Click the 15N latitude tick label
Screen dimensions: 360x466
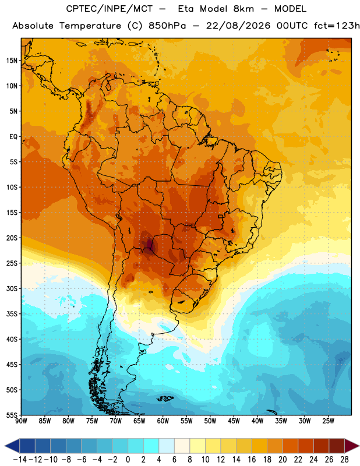click(12, 61)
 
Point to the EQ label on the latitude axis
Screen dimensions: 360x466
click(13, 137)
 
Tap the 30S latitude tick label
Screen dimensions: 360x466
click(12, 288)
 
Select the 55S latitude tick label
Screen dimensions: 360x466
click(12, 415)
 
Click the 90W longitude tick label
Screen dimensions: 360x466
click(21, 421)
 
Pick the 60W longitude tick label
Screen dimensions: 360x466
click(163, 421)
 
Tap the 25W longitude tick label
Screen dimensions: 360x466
click(328, 421)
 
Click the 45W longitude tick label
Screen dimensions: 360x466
click(234, 421)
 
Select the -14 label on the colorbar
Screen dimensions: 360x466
click(20, 460)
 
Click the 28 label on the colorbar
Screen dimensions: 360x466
click(344, 460)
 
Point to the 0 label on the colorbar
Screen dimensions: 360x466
click(128, 460)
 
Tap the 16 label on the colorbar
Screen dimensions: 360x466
click(252, 460)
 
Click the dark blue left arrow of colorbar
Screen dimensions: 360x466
click(12, 446)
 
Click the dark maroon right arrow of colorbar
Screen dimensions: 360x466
click(352, 446)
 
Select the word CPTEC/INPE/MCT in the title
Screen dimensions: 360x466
click(110, 9)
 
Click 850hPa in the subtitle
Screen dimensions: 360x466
click(167, 26)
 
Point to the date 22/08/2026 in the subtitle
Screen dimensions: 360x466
click(238, 26)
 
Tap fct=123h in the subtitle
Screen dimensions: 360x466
click(337, 26)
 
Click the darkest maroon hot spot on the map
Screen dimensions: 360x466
click(149, 244)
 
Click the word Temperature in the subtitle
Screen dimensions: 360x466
click(90, 26)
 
